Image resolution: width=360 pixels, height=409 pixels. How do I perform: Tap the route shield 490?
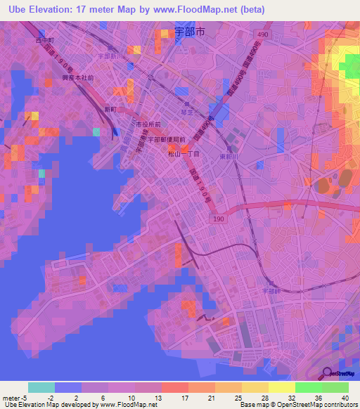click(x=262, y=34)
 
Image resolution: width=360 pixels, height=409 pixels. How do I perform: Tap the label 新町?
click(x=111, y=110)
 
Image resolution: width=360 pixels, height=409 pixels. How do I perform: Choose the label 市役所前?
click(x=148, y=124)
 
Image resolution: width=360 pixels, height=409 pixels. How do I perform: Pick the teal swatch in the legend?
click(x=41, y=387)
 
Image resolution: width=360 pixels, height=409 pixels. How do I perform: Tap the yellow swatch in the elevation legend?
click(x=281, y=387)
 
